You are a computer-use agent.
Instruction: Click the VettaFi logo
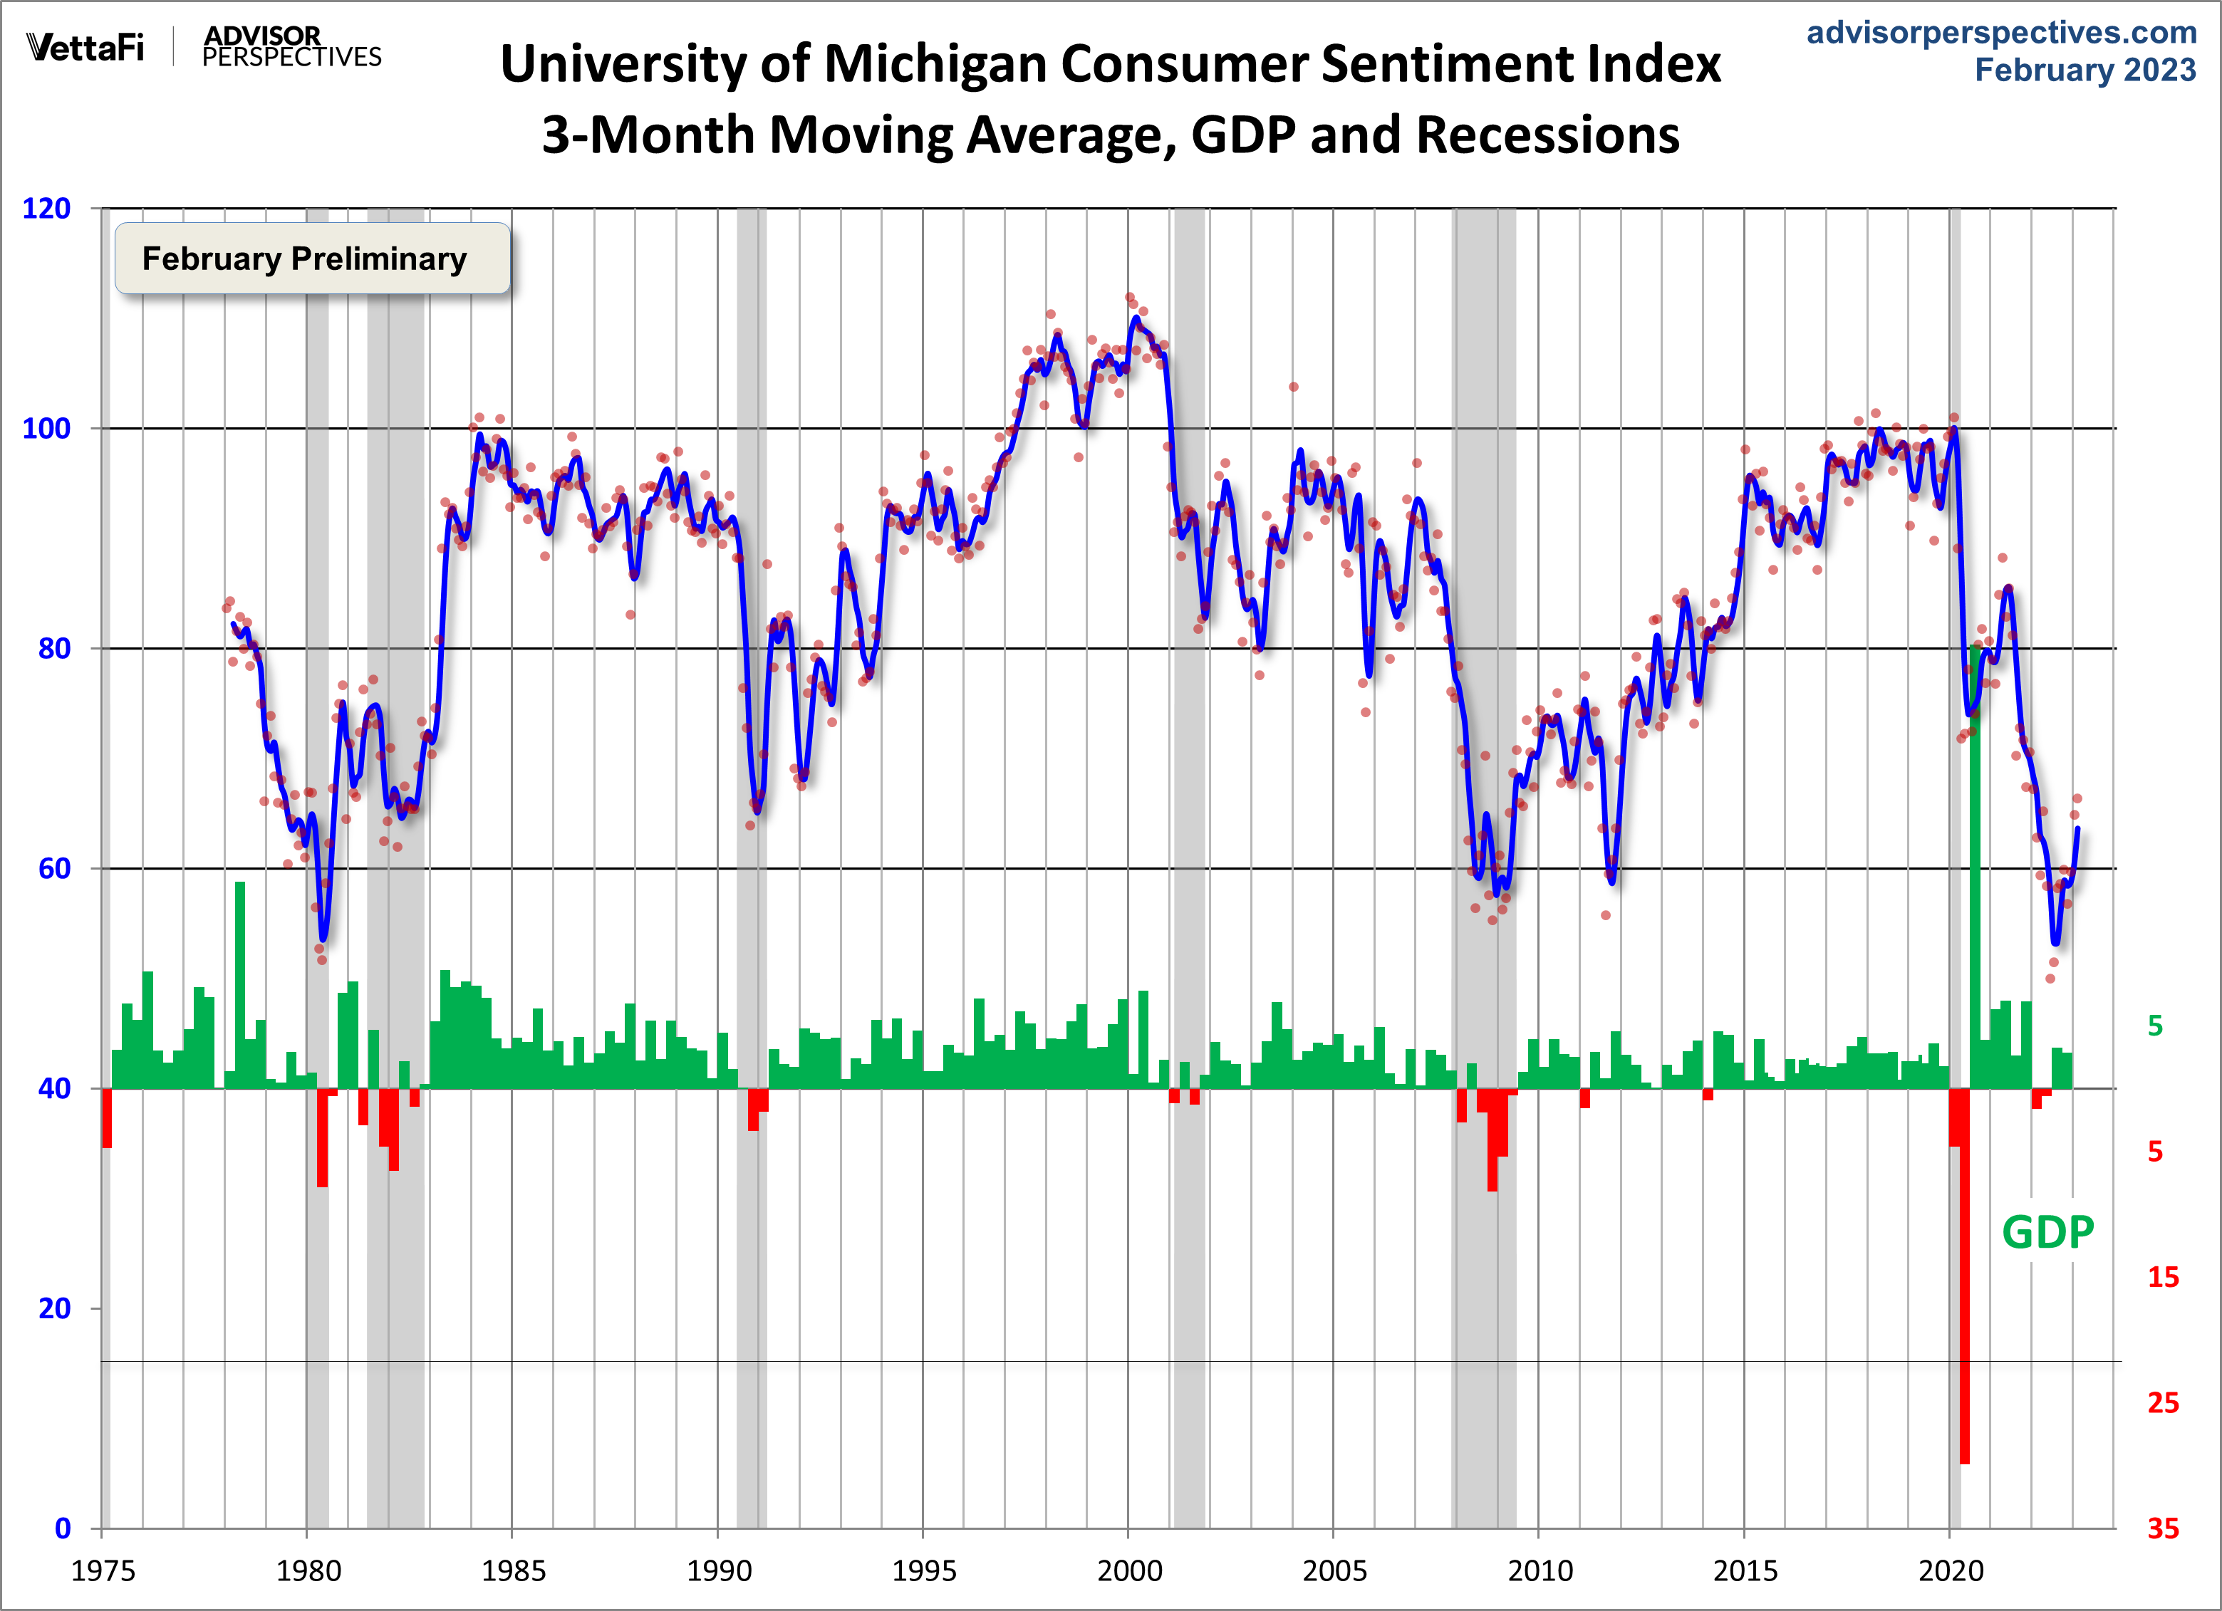point(85,46)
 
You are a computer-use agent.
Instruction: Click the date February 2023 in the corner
point(2085,71)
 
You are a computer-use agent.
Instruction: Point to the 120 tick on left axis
point(47,209)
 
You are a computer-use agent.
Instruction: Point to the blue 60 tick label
point(55,869)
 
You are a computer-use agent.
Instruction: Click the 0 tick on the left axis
point(63,1528)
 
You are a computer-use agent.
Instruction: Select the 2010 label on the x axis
point(1539,1572)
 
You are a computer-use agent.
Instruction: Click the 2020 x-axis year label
point(1950,1572)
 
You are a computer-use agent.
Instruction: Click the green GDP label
point(2047,1232)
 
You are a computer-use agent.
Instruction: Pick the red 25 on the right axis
point(2163,1402)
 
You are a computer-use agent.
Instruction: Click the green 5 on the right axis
point(2154,1026)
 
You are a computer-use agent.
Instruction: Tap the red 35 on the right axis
point(2163,1528)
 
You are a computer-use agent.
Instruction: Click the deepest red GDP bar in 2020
point(1964,1273)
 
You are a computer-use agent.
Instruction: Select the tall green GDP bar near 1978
point(240,979)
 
